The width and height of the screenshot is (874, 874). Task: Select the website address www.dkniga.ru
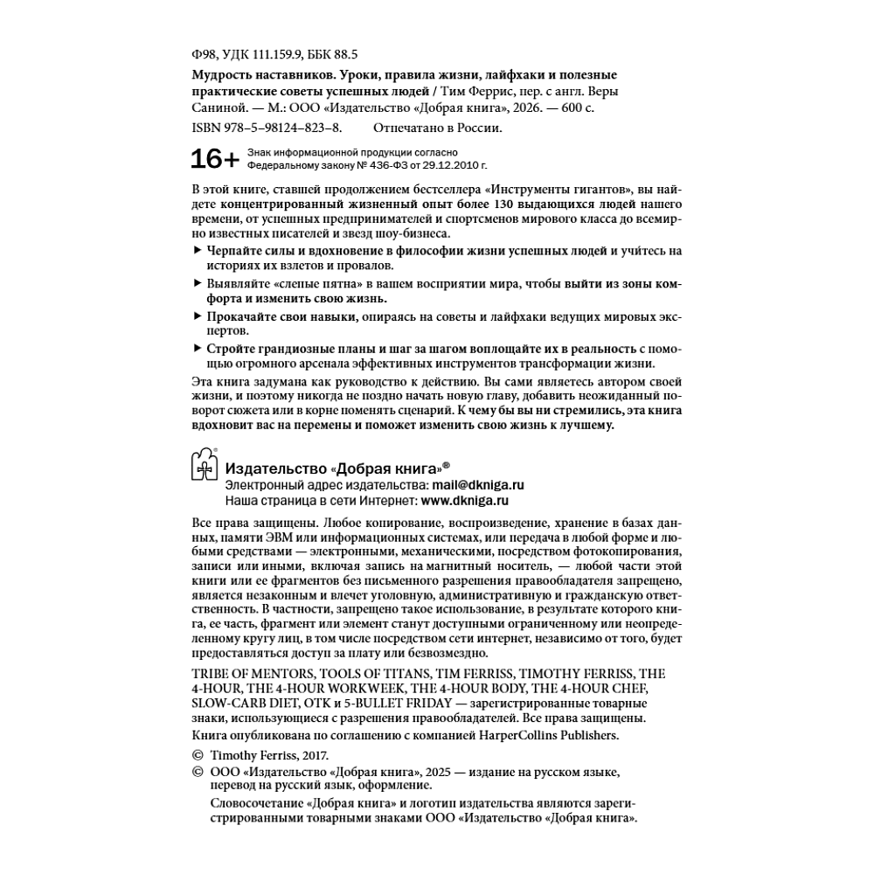465,502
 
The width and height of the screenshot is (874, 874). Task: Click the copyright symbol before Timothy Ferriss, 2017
196,755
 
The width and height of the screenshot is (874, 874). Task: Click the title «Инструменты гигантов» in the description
559,189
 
